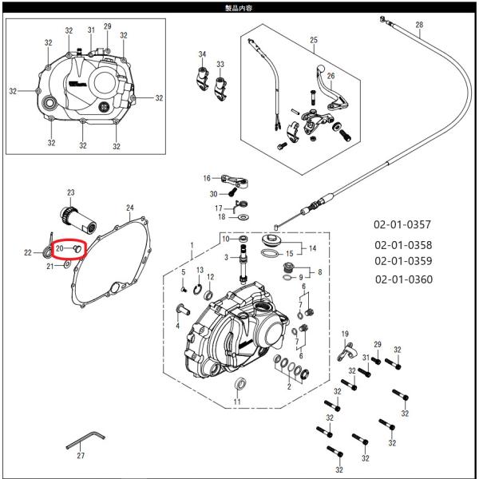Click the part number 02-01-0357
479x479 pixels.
[403, 224]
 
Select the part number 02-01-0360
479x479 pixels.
[403, 279]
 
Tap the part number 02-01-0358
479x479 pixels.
[403, 245]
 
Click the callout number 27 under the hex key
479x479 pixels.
[80, 457]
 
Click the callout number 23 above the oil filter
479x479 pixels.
[70, 193]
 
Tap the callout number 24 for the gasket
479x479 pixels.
[130, 208]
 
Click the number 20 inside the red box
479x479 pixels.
[60, 249]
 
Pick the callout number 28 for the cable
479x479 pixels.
[419, 25]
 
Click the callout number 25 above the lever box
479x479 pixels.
[313, 40]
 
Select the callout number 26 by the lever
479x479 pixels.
[331, 76]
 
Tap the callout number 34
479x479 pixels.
[202, 54]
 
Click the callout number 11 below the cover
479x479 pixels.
[236, 402]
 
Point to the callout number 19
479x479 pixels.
[345, 333]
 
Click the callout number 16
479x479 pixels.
[206, 178]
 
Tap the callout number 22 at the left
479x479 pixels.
[27, 253]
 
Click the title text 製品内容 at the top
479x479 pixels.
[239, 6]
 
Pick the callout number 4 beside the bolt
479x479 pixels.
[177, 326]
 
